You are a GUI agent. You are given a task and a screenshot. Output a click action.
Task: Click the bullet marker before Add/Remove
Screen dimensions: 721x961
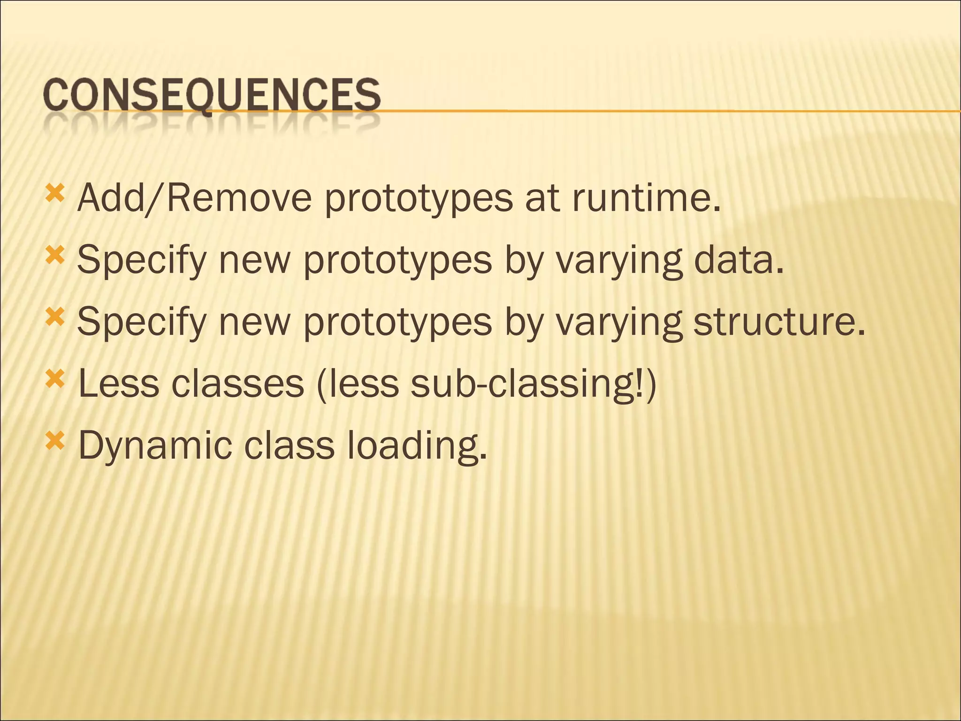(x=54, y=192)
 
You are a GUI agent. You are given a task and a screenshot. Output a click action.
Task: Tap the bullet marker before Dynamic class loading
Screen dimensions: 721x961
(x=54, y=441)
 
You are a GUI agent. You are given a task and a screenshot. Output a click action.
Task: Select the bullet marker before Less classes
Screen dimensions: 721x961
(x=54, y=379)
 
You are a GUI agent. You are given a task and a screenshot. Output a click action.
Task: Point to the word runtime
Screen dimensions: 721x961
(x=646, y=199)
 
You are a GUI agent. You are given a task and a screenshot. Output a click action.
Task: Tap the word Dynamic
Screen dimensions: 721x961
(x=155, y=445)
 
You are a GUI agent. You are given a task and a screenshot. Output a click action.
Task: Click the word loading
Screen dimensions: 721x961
(x=417, y=445)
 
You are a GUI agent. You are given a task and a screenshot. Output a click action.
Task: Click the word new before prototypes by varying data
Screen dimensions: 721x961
(x=255, y=261)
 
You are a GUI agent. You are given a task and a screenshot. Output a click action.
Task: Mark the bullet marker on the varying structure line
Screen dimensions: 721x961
(x=54, y=317)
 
